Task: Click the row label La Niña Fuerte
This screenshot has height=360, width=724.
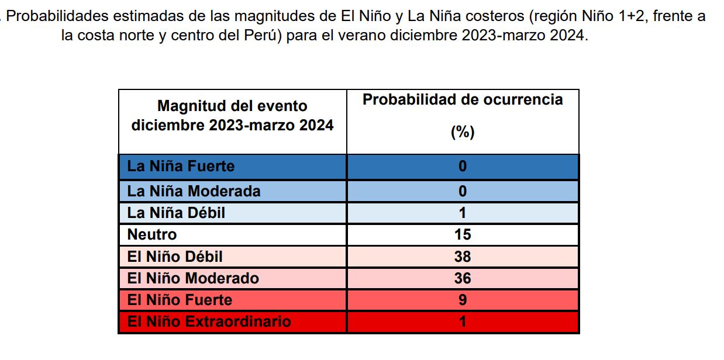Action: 181,167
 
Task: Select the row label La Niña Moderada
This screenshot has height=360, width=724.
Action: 194,191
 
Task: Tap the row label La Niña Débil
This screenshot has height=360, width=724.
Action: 176,213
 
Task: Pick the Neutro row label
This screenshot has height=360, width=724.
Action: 152,235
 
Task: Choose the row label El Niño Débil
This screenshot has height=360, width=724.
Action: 175,257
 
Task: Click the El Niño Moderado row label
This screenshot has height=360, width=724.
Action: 193,278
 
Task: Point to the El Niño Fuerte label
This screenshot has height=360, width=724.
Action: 180,300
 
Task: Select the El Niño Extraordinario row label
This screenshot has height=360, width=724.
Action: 209,321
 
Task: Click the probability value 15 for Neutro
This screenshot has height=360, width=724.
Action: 463,235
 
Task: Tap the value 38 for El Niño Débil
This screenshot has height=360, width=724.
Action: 463,257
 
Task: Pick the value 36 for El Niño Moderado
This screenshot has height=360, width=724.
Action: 463,278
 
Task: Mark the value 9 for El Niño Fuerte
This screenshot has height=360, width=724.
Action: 463,300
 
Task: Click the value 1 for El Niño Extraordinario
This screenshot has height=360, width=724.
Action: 463,321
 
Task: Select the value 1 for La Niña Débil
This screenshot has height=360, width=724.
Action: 463,213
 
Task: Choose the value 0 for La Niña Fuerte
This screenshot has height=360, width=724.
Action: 463,167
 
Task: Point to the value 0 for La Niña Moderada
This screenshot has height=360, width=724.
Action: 463,191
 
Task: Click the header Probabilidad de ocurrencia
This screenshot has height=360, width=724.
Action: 463,99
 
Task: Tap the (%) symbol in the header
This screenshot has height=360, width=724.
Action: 463,133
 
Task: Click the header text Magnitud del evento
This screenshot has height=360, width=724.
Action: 232,106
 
